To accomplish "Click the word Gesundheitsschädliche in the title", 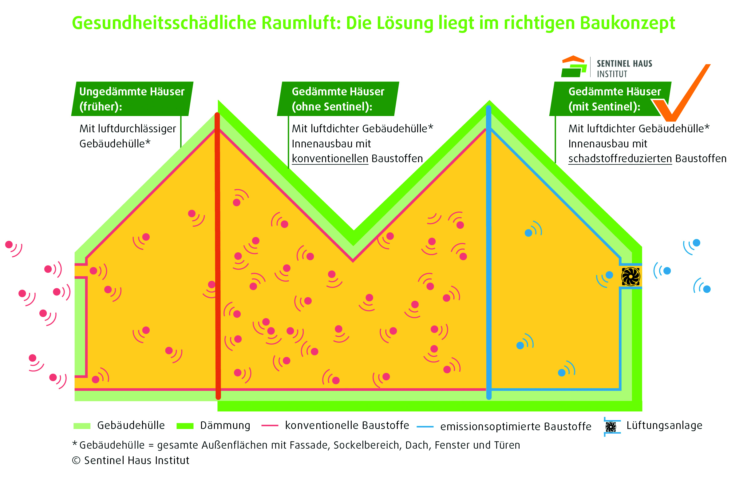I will [164, 23].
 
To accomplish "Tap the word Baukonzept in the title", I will [627, 23].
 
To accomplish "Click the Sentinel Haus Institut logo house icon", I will [574, 66].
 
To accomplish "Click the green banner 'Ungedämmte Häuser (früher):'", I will [132, 99].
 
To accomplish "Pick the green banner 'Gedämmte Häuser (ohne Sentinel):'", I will [338, 99].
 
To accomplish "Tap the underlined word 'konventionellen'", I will [330, 158].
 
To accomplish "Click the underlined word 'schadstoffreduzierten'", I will [620, 158].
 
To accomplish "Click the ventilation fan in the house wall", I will [630, 276].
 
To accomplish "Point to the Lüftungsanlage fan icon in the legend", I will [611, 427].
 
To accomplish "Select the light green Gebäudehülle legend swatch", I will [82, 426].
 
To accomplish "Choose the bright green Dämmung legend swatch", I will [185, 426].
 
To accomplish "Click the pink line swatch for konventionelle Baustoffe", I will [270, 426].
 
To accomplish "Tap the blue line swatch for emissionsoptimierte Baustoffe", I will [425, 427].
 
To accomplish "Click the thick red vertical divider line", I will [218, 255].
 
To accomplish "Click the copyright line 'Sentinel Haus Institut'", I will [136, 460].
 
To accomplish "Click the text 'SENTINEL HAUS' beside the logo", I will [624, 64].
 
